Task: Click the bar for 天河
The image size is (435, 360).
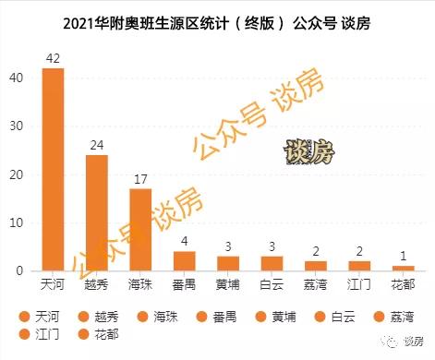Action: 53,170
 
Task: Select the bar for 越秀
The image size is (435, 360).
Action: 96,213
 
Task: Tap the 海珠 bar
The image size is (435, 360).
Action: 139,230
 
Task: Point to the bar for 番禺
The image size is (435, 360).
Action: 184,261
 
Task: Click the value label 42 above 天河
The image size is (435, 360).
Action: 53,58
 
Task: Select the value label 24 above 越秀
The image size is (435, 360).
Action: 96,145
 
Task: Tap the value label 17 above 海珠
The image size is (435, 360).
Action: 139,179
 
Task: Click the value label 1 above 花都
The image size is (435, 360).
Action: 402,257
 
